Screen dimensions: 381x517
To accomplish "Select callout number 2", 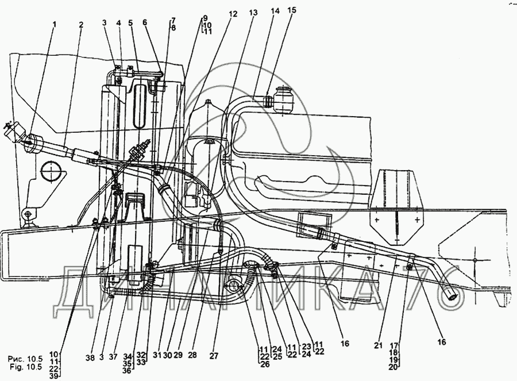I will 81,25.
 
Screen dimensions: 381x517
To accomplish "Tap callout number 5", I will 131,23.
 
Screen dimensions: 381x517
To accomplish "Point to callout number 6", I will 145,23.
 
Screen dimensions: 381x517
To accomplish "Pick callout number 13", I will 254,11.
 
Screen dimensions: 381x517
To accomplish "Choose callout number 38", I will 90,357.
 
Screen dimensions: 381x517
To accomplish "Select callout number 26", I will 264,364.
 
